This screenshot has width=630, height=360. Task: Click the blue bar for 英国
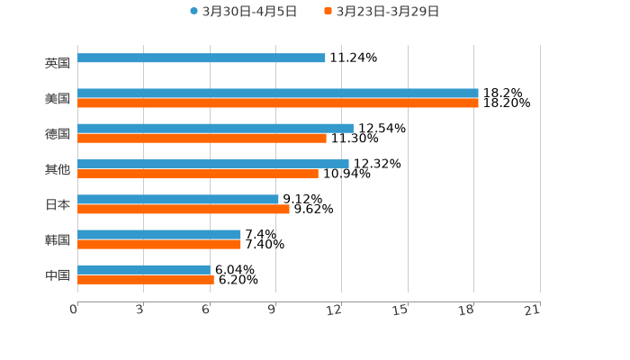click(202, 58)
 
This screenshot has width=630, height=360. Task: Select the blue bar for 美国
click(278, 93)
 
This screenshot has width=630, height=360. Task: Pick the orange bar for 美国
click(278, 103)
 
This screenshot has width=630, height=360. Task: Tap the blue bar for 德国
click(215, 129)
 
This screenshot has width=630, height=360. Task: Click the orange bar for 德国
click(202, 139)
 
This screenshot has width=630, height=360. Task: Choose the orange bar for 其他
click(198, 174)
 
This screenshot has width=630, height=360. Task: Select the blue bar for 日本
click(178, 199)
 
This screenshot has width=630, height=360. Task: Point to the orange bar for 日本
click(184, 209)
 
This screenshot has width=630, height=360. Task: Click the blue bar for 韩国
click(159, 234)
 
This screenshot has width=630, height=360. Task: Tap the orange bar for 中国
click(146, 280)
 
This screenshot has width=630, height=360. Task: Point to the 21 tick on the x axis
click(532, 310)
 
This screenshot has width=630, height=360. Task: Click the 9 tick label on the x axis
click(272, 310)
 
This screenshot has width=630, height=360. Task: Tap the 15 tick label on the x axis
click(401, 310)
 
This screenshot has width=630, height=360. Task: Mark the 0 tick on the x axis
click(75, 310)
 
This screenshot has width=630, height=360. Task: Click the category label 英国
click(57, 63)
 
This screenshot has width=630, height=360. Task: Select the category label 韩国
click(57, 239)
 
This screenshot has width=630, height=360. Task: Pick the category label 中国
click(57, 274)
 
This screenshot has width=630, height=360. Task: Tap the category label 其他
click(57, 169)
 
